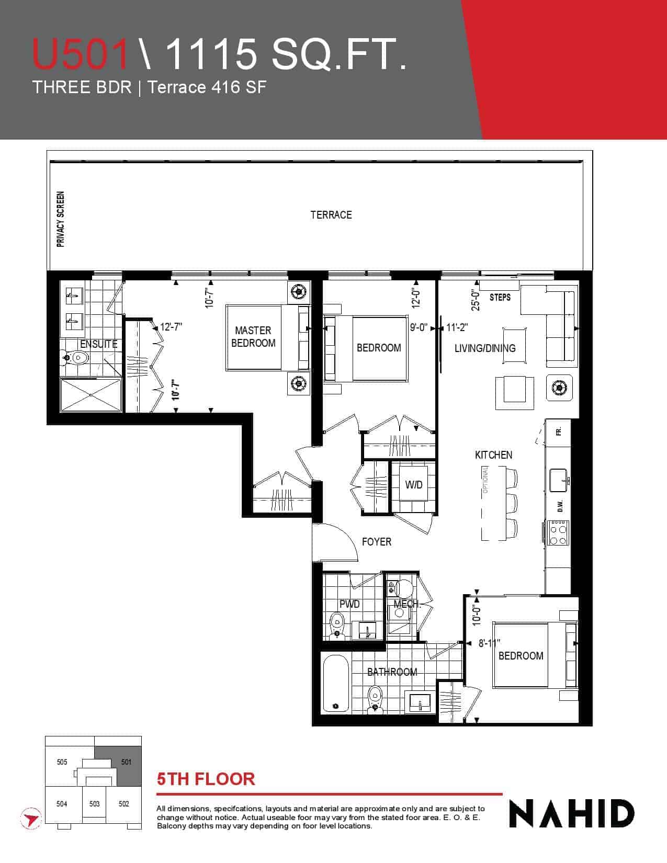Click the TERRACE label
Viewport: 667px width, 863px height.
(x=331, y=215)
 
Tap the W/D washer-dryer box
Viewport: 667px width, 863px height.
(x=414, y=484)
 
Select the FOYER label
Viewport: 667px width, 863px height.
(x=376, y=542)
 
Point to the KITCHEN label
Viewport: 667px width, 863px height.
(x=493, y=455)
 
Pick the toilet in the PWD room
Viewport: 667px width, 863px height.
(x=337, y=624)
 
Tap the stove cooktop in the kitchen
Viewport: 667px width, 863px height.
(x=559, y=532)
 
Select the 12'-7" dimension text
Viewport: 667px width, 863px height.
(x=171, y=327)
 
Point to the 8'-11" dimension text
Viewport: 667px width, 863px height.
(x=489, y=643)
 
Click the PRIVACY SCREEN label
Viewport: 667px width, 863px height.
(x=60, y=219)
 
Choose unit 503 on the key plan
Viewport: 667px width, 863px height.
(x=94, y=804)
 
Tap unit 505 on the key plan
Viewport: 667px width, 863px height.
(x=62, y=762)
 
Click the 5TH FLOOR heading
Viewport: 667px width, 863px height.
(x=206, y=779)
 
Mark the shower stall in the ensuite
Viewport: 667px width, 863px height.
(x=91, y=395)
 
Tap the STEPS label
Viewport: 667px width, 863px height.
(x=500, y=297)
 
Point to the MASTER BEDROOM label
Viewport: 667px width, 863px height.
(x=253, y=336)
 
